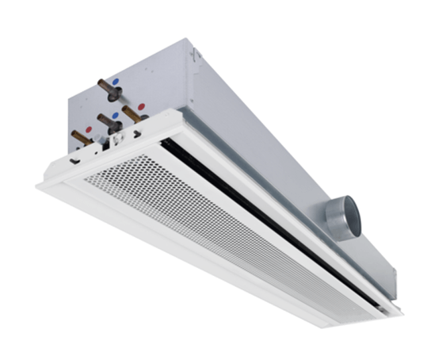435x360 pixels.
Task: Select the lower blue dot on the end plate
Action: [116, 116]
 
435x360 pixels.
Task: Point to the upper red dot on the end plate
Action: [141, 106]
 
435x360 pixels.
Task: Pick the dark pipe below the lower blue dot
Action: [106, 124]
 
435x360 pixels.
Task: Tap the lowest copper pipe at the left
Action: [80, 137]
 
